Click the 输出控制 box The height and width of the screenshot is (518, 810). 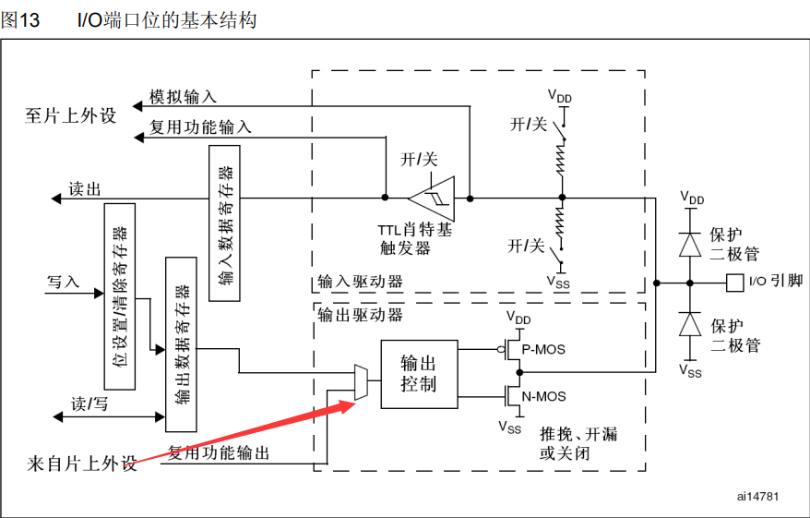pos(418,374)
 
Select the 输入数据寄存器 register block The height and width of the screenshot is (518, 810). pos(224,223)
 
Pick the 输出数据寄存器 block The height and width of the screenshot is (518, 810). pos(180,344)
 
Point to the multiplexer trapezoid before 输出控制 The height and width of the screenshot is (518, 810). pos(361,382)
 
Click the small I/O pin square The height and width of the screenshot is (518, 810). pos(734,282)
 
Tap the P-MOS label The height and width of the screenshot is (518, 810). pos(543,350)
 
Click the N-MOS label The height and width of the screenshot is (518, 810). pos(544,396)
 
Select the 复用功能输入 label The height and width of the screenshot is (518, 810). pos(200,127)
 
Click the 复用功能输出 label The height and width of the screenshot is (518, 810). pos(219,452)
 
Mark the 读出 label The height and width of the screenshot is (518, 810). pos(85,189)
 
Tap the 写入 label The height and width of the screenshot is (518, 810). pos(63,280)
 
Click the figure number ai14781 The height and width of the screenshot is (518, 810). pos(757,497)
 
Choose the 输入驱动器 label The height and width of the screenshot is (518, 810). pos(360,282)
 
